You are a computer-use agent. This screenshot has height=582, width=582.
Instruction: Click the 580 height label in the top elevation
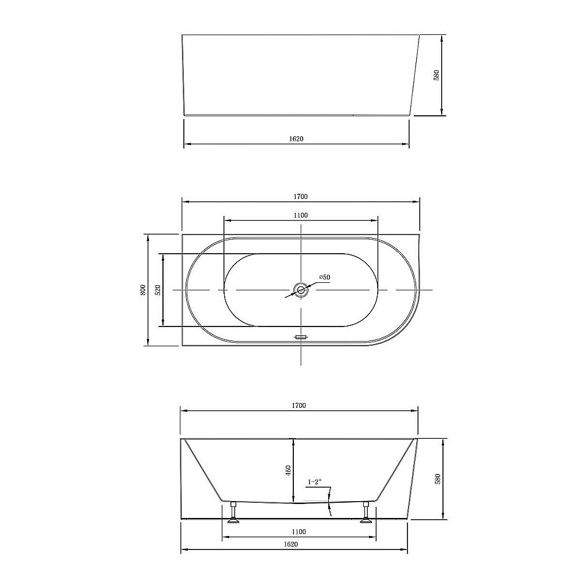[436, 75]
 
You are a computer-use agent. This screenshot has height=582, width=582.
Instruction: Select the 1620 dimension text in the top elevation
[296, 139]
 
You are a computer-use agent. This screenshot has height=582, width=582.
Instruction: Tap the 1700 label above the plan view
[300, 197]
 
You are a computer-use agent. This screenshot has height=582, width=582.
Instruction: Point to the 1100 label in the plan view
[300, 215]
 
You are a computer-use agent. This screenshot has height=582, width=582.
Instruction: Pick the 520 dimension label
[158, 290]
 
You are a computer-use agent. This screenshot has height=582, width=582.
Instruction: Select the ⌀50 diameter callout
[324, 278]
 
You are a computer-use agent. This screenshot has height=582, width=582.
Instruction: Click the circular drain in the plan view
[300, 290]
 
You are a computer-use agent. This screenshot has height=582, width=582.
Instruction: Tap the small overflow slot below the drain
[300, 337]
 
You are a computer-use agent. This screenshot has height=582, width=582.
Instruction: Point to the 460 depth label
[288, 471]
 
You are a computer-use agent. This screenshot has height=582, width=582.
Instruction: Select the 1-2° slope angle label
[314, 482]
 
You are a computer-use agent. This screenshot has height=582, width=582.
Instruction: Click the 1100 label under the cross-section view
[299, 531]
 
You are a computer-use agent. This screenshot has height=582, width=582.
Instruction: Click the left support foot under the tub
[234, 513]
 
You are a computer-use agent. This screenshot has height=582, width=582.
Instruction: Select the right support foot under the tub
[366, 513]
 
